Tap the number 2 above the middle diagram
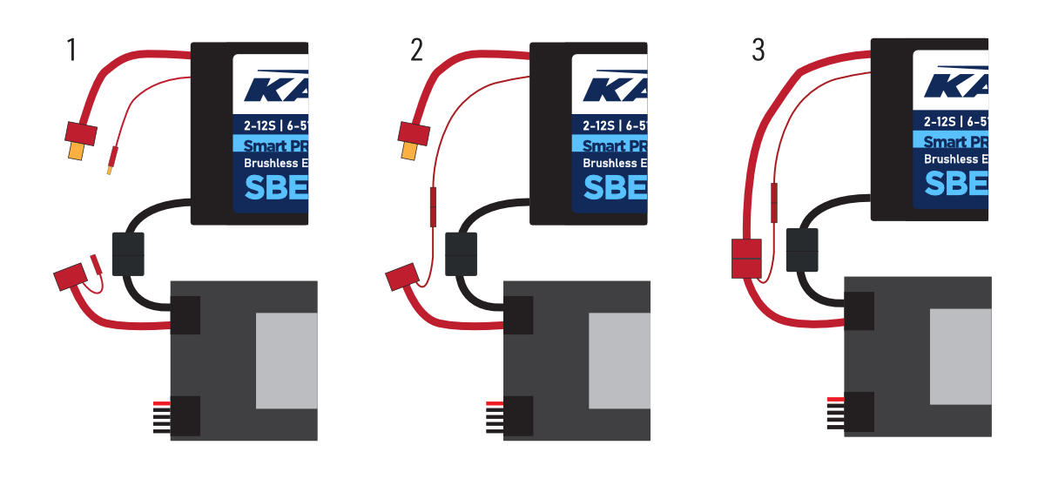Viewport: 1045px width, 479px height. [x=417, y=51]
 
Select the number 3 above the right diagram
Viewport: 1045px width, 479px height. [x=758, y=51]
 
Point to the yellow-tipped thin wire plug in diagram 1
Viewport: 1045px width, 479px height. [x=111, y=161]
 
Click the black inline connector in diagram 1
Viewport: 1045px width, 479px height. [x=127, y=253]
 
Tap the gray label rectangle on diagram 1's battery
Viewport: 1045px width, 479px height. [x=287, y=361]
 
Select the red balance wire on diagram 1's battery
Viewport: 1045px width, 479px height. [x=161, y=403]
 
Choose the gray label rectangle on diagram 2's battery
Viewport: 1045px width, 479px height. [x=619, y=361]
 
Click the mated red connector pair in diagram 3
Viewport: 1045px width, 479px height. [x=746, y=259]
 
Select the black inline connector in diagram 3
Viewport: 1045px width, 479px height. [x=801, y=250]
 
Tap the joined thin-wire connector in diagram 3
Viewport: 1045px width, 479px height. [x=774, y=200]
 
